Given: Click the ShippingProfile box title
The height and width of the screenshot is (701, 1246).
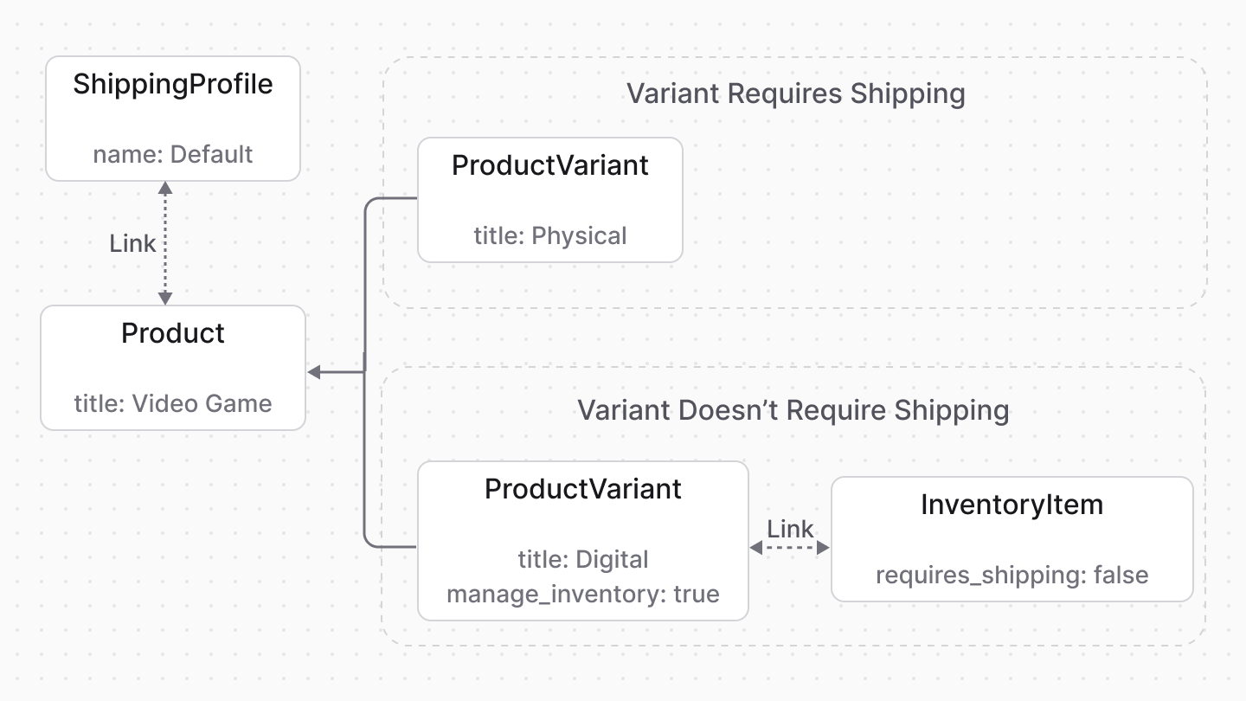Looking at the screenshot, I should pos(173,85).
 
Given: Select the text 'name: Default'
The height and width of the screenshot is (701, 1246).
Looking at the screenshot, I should pos(173,155).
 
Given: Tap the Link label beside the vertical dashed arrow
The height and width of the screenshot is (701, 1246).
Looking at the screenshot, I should pos(132,244).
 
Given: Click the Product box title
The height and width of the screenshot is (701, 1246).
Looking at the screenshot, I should pos(173,333).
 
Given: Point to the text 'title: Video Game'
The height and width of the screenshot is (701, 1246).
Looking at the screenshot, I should pos(173,403).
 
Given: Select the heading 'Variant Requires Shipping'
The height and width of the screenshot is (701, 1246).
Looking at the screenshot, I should pos(795,93).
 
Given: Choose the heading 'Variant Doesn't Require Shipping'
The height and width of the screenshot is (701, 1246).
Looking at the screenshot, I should pos(793,410).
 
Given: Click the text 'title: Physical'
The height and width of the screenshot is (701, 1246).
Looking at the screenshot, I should pos(550,235).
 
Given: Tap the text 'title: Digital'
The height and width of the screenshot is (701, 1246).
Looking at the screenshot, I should pos(583,559).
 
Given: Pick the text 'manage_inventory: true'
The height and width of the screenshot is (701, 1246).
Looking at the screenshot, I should pos(583,595).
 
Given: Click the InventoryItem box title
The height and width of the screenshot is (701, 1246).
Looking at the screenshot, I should pos(1012,505).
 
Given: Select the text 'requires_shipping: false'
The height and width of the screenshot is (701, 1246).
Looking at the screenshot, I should pos(1012,576).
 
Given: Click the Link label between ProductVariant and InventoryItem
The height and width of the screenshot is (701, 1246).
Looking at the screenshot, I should pos(790,529).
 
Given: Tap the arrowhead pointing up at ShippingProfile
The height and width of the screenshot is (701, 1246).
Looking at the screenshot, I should pos(165,188).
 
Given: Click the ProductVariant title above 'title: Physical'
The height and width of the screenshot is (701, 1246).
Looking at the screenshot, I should pos(550,165).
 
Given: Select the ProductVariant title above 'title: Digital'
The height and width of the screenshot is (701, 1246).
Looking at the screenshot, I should pos(583,489).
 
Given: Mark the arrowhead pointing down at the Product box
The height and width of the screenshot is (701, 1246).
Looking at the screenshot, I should pos(165,298).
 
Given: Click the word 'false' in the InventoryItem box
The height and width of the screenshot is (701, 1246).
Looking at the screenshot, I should pos(1121,576).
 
